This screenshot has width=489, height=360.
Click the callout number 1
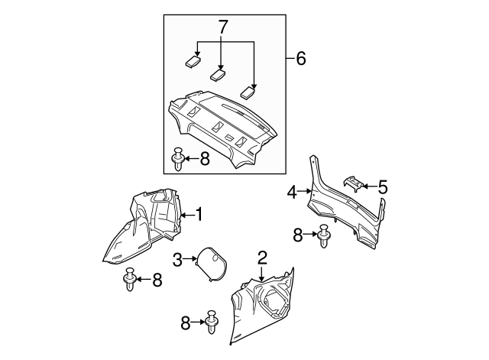tap(199, 215)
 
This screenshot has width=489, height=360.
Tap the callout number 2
tap(262, 257)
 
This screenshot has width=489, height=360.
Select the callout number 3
tap(177, 261)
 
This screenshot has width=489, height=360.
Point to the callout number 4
tap(293, 193)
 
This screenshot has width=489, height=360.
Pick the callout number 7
tap(222, 28)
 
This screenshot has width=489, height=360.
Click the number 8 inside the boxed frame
tap(204, 159)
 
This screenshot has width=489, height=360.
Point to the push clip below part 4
tap(323, 235)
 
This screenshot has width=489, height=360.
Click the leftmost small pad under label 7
tap(193, 60)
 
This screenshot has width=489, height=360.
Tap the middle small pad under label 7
tap(219, 74)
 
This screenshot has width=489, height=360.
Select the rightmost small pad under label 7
tap(248, 92)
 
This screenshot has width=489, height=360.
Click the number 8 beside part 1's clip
tap(157, 280)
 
